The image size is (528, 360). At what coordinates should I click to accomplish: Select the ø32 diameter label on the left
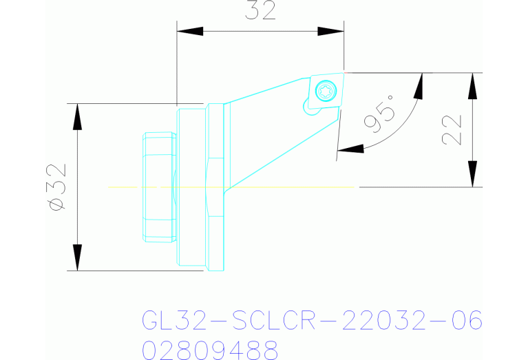tap(57, 187)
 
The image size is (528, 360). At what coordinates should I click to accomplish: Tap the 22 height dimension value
tap(451, 129)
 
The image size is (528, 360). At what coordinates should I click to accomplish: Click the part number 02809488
tap(210, 349)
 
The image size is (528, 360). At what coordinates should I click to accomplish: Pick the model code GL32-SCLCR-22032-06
tap(311, 321)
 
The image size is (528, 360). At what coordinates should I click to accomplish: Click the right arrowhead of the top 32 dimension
tap(330, 32)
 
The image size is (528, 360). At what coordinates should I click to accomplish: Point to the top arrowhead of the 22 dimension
tap(472, 85)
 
